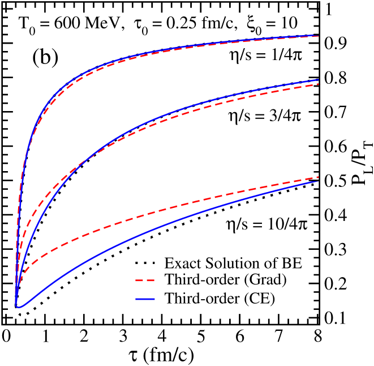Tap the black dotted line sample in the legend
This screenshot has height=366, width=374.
pos(145,263)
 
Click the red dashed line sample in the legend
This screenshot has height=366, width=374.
pos(145,280)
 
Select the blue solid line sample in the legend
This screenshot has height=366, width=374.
pos(145,298)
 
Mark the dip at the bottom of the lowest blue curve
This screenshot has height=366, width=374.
pos(19,307)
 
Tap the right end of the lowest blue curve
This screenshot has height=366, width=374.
pos(319,181)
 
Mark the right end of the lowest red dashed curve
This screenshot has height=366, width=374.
pos(319,177)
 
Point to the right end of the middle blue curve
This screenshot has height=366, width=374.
pos(319,80)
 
